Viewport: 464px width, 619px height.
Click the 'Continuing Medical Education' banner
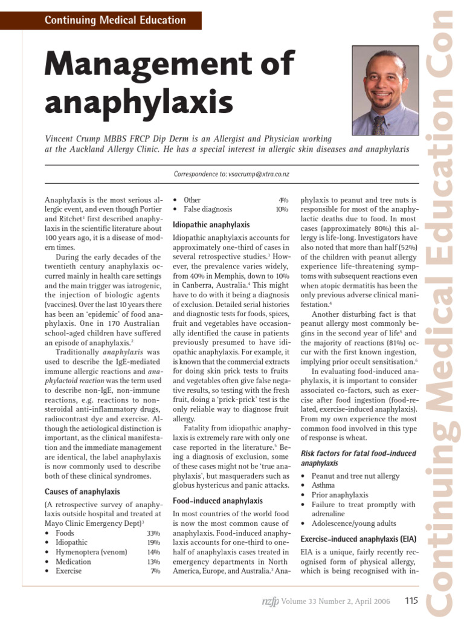point(115,20)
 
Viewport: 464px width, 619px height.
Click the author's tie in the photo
point(379,125)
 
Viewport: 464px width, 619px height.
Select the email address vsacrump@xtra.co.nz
point(259,174)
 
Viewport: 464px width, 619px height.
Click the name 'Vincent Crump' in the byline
point(74,139)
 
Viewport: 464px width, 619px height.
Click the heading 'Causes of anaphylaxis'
point(82,491)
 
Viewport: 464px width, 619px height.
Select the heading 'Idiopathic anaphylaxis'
point(211,224)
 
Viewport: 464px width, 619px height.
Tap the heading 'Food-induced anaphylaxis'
point(217,501)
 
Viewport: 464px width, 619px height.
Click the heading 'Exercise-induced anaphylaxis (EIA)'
point(358,538)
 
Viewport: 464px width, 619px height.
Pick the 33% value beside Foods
point(153,533)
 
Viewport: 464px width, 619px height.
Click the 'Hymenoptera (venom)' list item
point(91,553)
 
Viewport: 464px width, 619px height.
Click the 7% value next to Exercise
point(155,571)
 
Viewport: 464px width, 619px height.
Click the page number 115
point(411,600)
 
